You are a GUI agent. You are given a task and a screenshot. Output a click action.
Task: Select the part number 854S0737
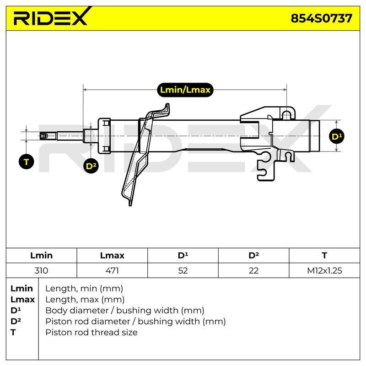coord(321,18)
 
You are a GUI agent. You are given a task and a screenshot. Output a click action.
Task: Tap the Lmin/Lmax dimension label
coord(185,90)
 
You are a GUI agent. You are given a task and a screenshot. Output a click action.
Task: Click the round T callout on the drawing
coord(27,162)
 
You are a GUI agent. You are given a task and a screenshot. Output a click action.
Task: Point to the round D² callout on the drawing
coord(91,166)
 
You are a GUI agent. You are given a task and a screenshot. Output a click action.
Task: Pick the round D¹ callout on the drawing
coord(337,136)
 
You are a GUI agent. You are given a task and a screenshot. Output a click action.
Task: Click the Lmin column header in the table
coord(41,255)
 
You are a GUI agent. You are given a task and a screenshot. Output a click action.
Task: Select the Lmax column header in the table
coord(112,255)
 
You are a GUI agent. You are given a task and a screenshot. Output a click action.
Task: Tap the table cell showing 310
coord(41,270)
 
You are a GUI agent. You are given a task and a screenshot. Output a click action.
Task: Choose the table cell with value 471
coord(112,270)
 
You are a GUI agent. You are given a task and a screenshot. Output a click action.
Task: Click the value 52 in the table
coord(183,270)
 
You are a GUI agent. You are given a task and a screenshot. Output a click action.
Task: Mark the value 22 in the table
coord(253,270)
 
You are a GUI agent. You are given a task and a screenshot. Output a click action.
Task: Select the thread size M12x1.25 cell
coord(324,270)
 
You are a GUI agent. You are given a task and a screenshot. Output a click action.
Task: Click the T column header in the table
coord(324,255)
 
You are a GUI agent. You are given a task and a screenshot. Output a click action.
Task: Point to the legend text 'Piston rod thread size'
coord(91,333)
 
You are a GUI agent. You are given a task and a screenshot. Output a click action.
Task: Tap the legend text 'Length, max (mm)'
coord(85,300)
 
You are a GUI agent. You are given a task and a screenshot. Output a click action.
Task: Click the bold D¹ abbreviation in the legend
coord(16,311)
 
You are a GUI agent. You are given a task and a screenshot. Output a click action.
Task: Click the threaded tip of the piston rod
coord(43,136)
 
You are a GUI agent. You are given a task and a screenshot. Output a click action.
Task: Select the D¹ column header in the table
coord(183,255)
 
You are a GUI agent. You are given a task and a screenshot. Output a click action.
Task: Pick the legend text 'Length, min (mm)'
coord(84,289)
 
